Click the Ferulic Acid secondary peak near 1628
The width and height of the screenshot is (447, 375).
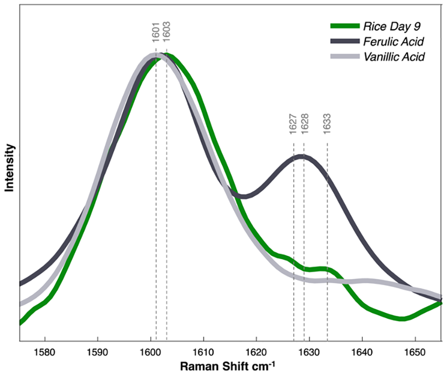pos(302,157)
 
